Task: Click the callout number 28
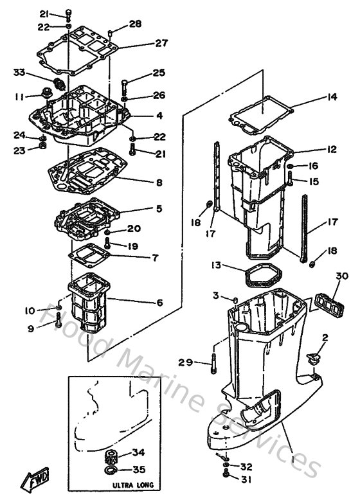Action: pyautogui.click(x=135, y=24)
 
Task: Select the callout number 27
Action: pyautogui.click(x=160, y=43)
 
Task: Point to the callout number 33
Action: pyautogui.click(x=20, y=72)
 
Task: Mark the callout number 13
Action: pyautogui.click(x=217, y=265)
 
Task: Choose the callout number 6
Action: pyautogui.click(x=159, y=302)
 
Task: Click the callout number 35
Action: pyautogui.click(x=139, y=470)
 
